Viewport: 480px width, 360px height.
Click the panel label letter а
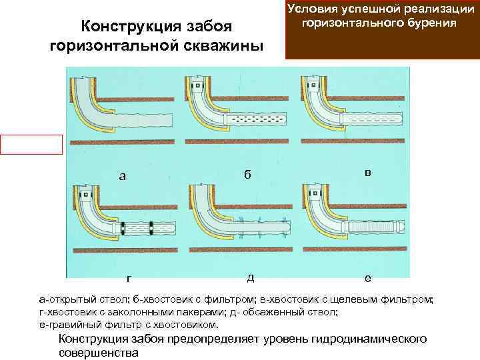click(121, 177)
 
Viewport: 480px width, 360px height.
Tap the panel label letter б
click(247, 175)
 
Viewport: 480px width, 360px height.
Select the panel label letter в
click(368, 172)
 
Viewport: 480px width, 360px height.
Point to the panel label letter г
click(128, 279)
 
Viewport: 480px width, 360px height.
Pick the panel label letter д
click(249, 277)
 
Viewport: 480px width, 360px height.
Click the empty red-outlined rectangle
click(31, 145)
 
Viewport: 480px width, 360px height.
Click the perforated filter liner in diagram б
click(257, 120)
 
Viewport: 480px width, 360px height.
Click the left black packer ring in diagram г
click(123, 227)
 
